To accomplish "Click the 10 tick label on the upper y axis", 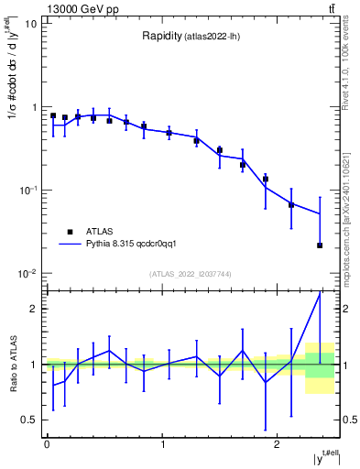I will tap(30, 24).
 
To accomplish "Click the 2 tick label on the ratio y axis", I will tap(35, 309).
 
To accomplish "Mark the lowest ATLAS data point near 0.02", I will tap(320, 245).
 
